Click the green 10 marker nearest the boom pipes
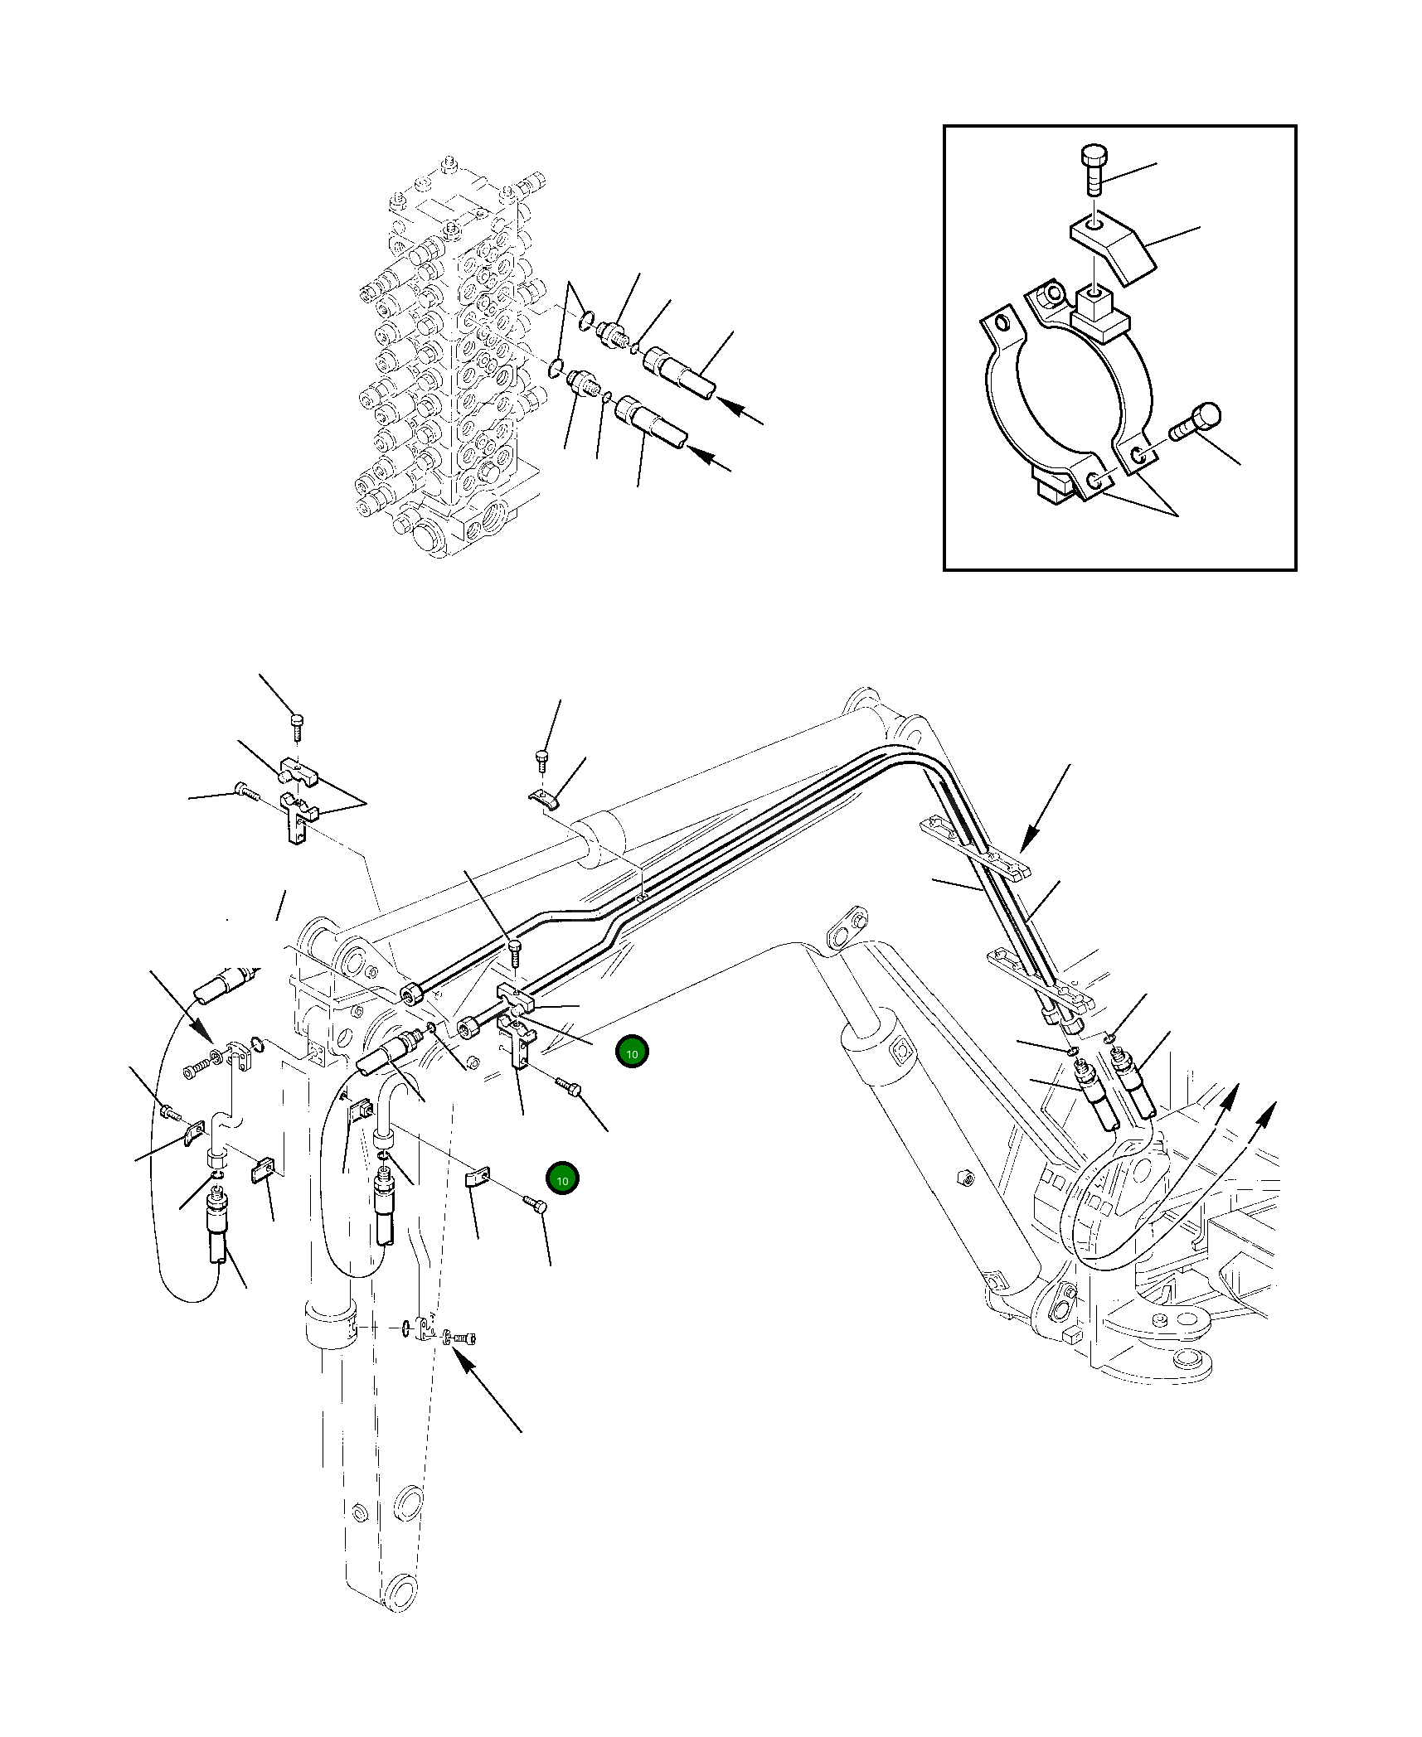632,1052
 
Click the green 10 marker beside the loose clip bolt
562,1179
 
